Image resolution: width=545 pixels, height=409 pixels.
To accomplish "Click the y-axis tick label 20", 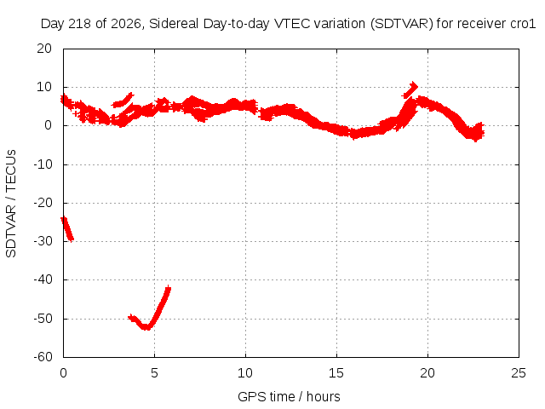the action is pyautogui.click(x=44, y=49).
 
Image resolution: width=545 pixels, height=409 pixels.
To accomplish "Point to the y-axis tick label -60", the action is pyautogui.click(x=43, y=356).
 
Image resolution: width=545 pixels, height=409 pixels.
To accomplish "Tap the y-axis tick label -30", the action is pyautogui.click(x=43, y=241).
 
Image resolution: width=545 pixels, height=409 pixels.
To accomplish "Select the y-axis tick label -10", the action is pyautogui.click(x=43, y=164).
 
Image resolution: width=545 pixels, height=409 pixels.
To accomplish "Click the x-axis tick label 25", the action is pyautogui.click(x=519, y=373).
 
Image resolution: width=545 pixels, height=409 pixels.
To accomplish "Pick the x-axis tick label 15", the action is pyautogui.click(x=336, y=373).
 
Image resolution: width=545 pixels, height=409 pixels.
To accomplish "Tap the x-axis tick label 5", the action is pyautogui.click(x=154, y=373).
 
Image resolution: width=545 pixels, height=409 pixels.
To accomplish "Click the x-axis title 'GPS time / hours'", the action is pyautogui.click(x=289, y=396).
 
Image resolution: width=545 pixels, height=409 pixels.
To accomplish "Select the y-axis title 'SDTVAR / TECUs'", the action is pyautogui.click(x=11, y=204).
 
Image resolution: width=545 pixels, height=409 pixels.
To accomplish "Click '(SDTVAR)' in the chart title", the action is pyautogui.click(x=401, y=24).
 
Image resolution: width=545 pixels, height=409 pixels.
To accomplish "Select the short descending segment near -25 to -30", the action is pyautogui.click(x=67, y=229).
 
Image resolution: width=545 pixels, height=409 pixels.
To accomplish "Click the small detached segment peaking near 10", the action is pyautogui.click(x=410, y=90).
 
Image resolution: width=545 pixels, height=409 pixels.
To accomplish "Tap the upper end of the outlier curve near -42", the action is pyautogui.click(x=169, y=288).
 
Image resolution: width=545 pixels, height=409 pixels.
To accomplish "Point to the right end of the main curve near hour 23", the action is pyautogui.click(x=482, y=131).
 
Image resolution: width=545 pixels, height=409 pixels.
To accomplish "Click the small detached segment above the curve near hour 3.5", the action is pyautogui.click(x=123, y=101).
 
